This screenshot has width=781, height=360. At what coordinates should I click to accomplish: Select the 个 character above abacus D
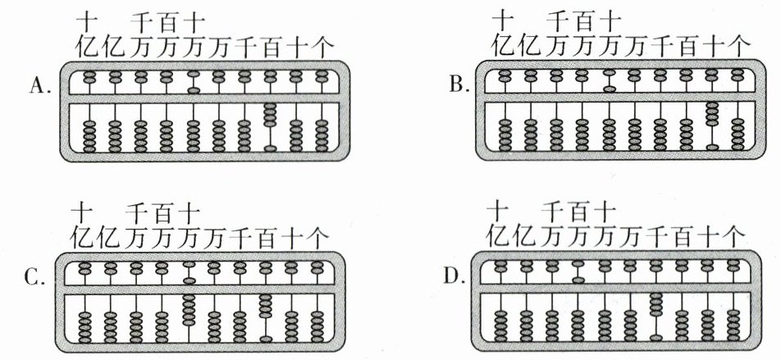point(733,236)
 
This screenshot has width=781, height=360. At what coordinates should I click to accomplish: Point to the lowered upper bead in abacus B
point(609,88)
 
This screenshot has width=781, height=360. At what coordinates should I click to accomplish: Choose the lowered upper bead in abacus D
point(578,280)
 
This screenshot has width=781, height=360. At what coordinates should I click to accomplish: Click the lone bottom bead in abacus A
point(270,148)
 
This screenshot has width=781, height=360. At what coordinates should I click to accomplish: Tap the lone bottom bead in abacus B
point(712,148)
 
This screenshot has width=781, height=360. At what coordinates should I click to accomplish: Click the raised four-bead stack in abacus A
point(270,115)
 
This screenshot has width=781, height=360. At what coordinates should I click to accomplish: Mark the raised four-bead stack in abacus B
point(712,114)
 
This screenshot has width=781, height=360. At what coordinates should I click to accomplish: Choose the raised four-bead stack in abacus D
point(655,303)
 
